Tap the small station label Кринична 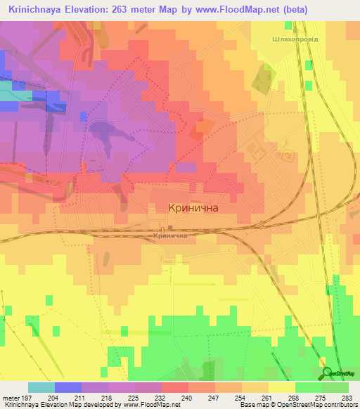click(169, 237)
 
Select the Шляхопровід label click(294, 39)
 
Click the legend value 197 click(27, 398)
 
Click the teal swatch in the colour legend click(41, 387)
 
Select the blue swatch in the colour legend click(68, 387)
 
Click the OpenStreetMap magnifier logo click(326, 373)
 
